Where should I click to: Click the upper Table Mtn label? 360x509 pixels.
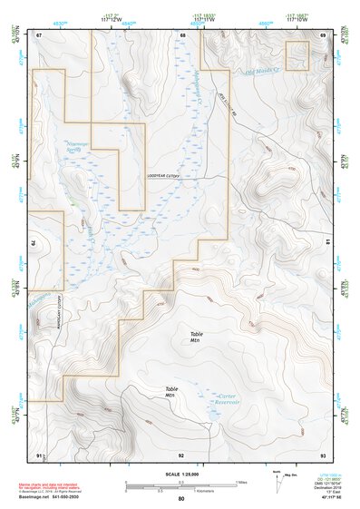click(196, 337)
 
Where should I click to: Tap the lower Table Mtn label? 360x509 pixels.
click(170, 392)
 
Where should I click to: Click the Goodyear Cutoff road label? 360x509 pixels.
click(165, 177)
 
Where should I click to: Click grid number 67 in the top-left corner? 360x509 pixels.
click(39, 34)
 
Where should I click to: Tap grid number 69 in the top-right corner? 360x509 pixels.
click(322, 34)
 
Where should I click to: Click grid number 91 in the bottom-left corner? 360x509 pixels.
click(39, 453)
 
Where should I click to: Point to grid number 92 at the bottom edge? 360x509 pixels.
click(181, 453)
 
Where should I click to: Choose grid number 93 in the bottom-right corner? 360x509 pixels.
click(322, 453)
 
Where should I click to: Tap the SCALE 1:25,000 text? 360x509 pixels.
click(180, 474)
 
